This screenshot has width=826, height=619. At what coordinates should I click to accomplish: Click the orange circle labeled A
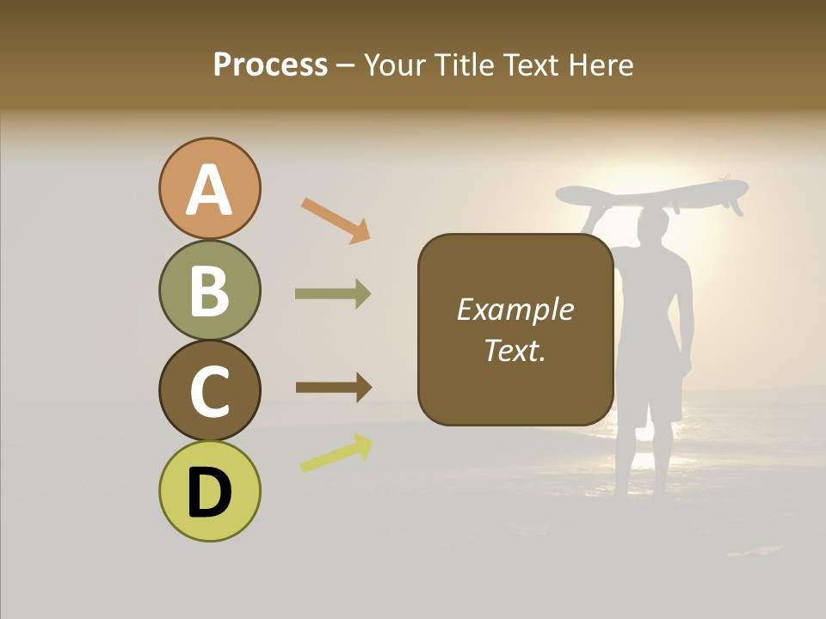pos(209,189)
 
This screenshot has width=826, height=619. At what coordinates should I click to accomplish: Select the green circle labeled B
pos(209,291)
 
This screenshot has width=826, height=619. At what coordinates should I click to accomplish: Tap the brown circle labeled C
pos(209,391)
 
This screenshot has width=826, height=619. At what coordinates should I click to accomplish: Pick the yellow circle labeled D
pos(209,492)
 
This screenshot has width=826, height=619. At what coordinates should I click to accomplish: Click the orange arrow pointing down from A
pos(336,220)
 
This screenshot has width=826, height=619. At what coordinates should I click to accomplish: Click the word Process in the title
pos(270,65)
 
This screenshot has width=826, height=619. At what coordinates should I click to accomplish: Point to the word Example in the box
pos(515,309)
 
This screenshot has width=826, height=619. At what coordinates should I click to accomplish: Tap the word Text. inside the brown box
pos(515,350)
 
